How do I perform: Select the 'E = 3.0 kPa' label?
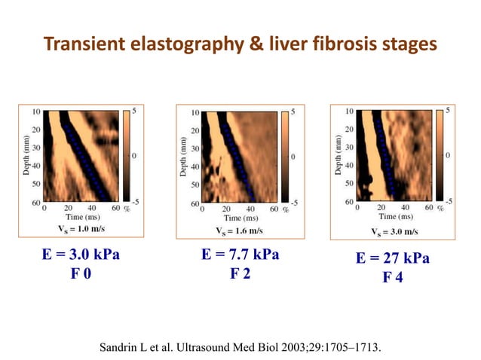[x=81, y=255]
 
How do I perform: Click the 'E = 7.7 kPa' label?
[x=240, y=255]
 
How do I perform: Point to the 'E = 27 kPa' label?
[x=393, y=259]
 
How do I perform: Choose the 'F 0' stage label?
[x=81, y=273]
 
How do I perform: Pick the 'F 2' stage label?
[x=240, y=273]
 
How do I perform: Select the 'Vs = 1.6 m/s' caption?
[x=239, y=230]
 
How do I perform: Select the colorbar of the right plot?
[x=440, y=155]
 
